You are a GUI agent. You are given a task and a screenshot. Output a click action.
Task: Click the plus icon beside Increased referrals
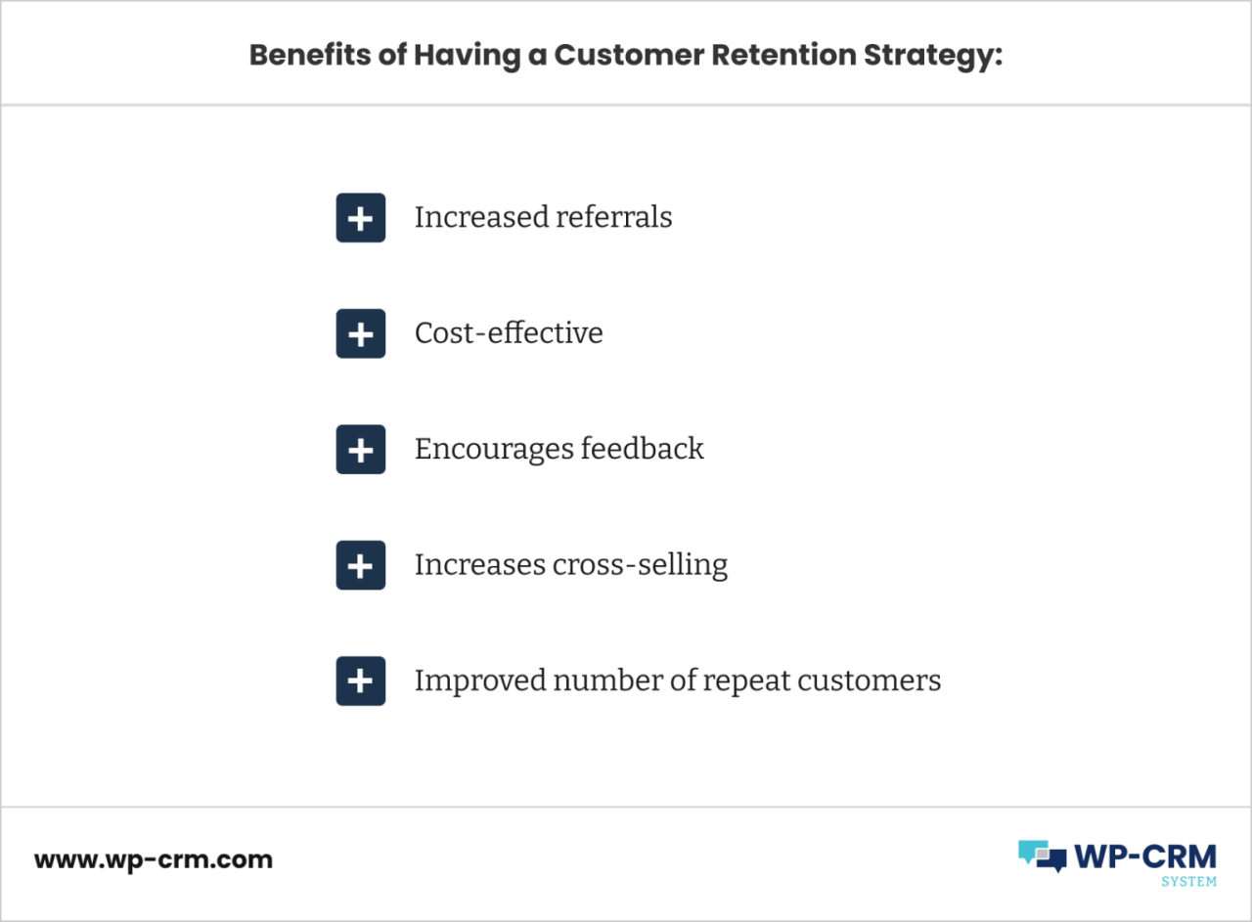point(361,217)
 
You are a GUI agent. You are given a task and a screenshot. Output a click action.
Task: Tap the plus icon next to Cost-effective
point(361,333)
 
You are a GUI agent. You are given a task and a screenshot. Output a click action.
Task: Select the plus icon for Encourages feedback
point(361,449)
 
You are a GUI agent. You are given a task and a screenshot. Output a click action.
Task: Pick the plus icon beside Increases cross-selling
point(361,565)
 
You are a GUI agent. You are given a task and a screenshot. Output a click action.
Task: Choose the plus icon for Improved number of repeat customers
point(361,681)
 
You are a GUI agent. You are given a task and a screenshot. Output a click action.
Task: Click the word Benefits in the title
point(310,55)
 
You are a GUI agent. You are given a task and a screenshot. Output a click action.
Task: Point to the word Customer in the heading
point(629,55)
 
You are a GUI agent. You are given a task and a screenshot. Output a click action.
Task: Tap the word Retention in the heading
point(783,55)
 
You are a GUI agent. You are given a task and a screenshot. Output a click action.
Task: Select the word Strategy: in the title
point(933,56)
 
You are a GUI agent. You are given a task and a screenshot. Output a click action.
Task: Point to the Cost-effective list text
point(509,333)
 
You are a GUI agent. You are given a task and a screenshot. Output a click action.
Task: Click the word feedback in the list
point(643,448)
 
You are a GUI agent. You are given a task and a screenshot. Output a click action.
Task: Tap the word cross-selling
point(640,564)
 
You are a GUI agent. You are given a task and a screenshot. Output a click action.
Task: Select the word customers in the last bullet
point(870,681)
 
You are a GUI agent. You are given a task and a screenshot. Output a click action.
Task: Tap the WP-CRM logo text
point(1144,856)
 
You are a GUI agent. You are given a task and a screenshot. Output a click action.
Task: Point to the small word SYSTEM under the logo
point(1188,882)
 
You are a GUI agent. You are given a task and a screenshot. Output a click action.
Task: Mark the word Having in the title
point(467,56)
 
